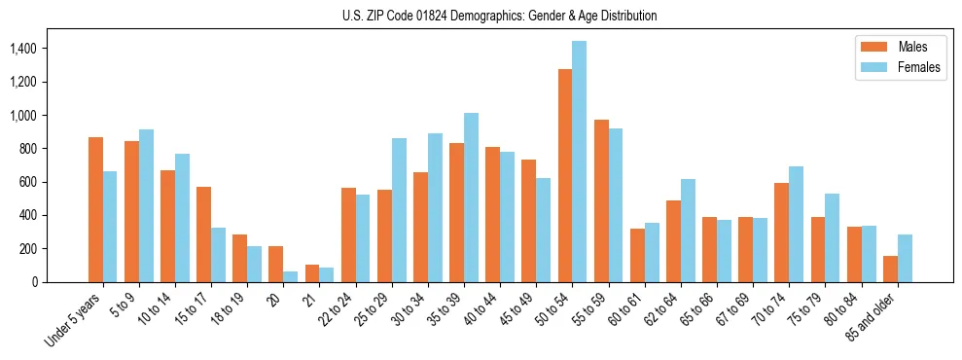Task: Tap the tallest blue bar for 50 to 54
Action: (x=580, y=162)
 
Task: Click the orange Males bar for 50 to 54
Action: (x=564, y=175)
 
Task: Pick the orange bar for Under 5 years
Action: (x=95, y=209)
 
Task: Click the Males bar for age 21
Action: (x=312, y=273)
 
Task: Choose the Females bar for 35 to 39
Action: (x=471, y=198)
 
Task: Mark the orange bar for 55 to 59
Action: (x=601, y=200)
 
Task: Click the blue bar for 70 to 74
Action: (x=797, y=224)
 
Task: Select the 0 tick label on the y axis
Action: (x=60, y=282)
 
